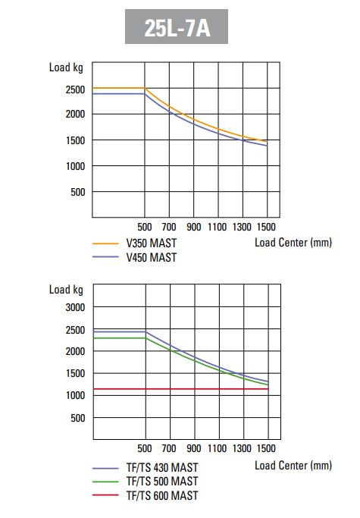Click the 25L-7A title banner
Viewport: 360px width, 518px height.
pos(177,27)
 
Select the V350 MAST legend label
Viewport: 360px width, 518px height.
pos(152,243)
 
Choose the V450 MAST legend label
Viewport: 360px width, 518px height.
pos(152,257)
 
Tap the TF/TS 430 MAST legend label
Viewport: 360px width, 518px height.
pos(162,467)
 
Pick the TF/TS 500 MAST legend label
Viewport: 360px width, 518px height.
pos(162,482)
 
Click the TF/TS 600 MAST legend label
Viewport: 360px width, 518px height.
pos(162,495)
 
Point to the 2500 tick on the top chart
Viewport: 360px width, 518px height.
pos(75,89)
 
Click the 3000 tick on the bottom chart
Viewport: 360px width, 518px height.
pos(75,307)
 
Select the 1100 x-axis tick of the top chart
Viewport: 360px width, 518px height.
pos(218,227)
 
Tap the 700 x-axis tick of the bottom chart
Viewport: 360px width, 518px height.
pos(169,448)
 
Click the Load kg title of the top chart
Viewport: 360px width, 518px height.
pos(66,67)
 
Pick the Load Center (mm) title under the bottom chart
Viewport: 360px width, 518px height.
pos(293,466)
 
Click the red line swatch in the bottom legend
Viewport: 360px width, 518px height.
pos(105,495)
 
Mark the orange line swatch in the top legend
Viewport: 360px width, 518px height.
pos(105,243)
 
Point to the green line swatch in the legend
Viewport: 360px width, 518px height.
pos(105,482)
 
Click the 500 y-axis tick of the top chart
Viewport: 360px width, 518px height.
pos(78,192)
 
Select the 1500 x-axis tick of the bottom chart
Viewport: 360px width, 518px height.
pos(266,448)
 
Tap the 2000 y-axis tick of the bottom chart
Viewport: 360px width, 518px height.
pos(75,351)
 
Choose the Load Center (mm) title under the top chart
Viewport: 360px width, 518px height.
pos(293,243)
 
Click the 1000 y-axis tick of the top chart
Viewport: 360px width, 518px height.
pos(75,166)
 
